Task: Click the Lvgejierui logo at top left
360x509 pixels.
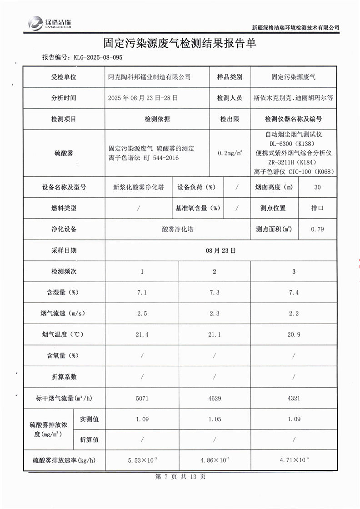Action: click(49, 23)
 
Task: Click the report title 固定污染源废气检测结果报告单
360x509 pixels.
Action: click(180, 43)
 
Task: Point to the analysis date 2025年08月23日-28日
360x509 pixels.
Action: click(143, 98)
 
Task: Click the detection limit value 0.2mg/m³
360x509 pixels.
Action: click(230, 153)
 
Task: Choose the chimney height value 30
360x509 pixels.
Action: click(317, 187)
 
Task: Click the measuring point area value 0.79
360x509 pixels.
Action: click(317, 230)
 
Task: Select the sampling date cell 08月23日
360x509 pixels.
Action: click(221, 250)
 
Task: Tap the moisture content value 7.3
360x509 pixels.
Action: click(215, 293)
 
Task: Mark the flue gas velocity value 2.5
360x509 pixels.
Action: click(142, 314)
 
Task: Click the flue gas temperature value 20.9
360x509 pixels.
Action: click(294, 334)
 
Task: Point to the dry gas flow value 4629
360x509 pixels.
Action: click(215, 398)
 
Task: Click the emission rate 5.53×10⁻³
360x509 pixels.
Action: click(142, 460)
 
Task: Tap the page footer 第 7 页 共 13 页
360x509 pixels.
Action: click(180, 477)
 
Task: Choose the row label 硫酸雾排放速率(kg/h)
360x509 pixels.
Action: click(64, 460)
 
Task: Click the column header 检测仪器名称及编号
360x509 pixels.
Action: click(293, 119)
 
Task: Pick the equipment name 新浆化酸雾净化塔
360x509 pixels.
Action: click(138, 187)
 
